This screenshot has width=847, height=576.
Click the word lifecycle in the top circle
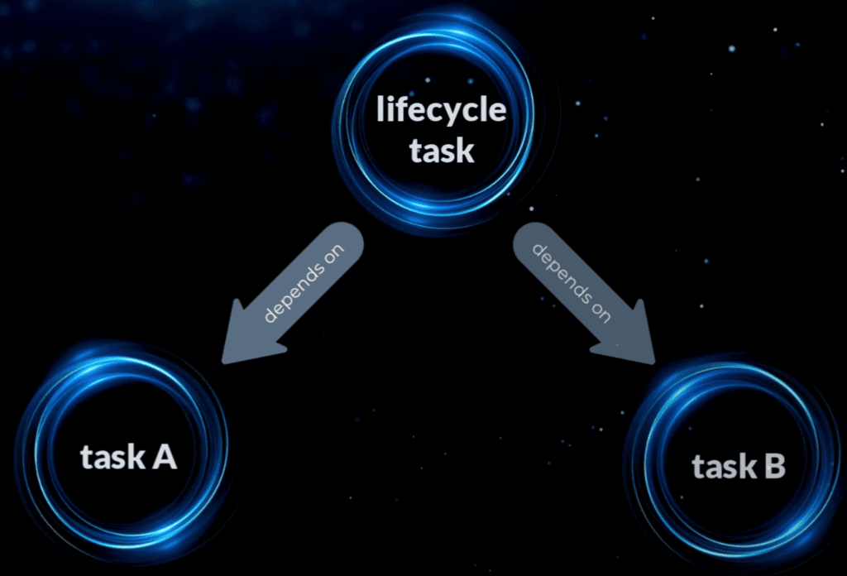point(440,111)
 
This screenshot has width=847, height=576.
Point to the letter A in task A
point(164,456)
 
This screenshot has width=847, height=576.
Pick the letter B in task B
point(773,468)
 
